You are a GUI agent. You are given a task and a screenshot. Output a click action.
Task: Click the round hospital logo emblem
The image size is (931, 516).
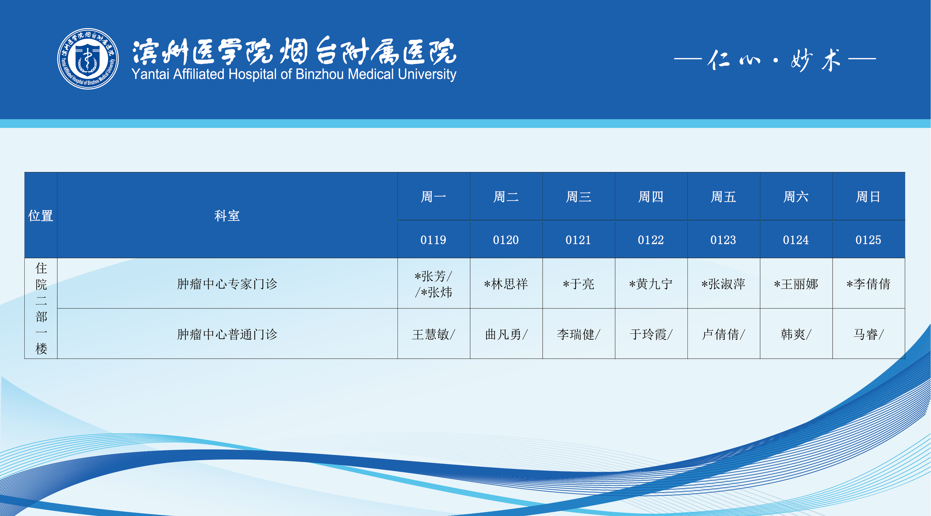click(88, 59)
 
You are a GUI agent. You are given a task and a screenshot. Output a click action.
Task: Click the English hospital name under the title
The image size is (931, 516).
click(294, 75)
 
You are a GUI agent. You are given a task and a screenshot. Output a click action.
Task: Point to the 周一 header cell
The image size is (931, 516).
click(433, 197)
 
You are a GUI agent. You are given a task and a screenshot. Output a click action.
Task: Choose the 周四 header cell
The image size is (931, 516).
click(651, 197)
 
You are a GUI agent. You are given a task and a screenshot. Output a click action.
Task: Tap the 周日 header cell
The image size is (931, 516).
click(868, 197)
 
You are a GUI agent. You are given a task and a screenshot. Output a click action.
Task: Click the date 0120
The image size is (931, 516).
click(506, 240)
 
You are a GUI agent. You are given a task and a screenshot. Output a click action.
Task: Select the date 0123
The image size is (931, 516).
click(723, 240)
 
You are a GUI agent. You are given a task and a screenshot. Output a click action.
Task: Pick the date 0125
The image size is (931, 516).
click(868, 240)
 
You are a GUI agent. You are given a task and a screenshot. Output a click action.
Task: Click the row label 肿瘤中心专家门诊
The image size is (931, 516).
click(227, 284)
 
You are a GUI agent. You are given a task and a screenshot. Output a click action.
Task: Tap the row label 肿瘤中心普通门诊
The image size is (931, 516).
click(227, 334)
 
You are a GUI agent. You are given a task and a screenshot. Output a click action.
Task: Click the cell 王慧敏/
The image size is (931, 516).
click(434, 334)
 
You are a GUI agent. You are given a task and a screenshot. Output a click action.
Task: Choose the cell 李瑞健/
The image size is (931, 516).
click(579, 334)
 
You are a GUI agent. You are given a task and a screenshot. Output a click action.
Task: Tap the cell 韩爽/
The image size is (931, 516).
click(796, 334)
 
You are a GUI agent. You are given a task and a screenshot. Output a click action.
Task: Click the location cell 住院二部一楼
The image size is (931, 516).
click(41, 308)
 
